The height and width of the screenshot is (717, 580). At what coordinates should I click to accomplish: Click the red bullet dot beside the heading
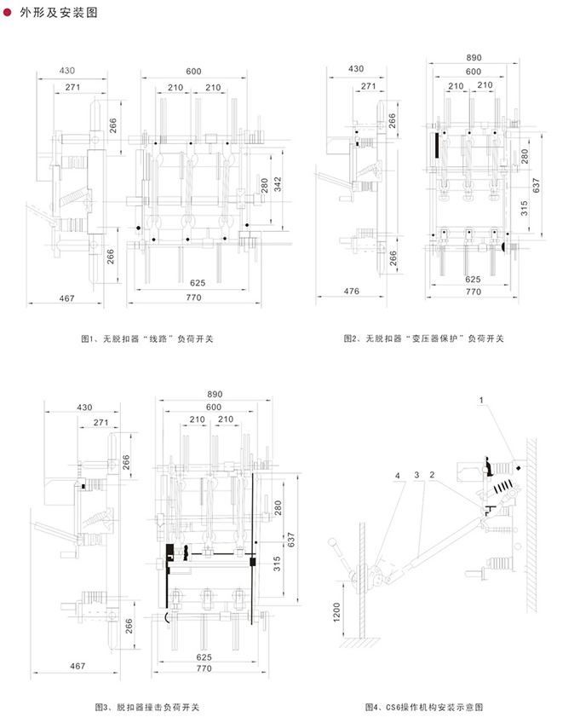(x=8, y=12)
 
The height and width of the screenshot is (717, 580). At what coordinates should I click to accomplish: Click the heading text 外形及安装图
(x=59, y=12)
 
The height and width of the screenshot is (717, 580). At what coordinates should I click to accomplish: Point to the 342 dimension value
(x=278, y=184)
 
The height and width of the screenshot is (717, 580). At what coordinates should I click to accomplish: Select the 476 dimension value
(x=351, y=291)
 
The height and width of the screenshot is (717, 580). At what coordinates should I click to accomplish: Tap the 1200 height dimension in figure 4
(x=336, y=612)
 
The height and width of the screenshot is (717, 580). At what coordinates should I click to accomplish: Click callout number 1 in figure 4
(x=481, y=400)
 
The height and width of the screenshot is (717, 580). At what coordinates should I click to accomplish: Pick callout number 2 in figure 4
(x=432, y=475)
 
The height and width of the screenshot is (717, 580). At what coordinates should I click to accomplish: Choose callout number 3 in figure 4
(x=416, y=475)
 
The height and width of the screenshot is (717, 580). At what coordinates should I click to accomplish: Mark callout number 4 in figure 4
(x=398, y=476)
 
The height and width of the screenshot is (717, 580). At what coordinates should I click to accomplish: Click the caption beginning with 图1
(x=147, y=338)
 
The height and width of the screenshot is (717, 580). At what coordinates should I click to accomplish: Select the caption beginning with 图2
(x=424, y=338)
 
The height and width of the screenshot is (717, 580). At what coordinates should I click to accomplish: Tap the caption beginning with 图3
(x=147, y=707)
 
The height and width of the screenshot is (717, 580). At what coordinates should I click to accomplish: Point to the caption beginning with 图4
(x=424, y=707)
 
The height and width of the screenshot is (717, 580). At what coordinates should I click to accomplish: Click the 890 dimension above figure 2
(x=474, y=58)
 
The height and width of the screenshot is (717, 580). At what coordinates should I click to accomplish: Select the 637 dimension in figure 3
(x=291, y=540)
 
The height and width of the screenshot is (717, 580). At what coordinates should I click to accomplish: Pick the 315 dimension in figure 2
(x=524, y=208)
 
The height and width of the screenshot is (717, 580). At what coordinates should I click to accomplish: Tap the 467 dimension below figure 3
(x=78, y=666)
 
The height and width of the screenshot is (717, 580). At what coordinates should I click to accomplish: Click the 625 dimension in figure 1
(x=198, y=282)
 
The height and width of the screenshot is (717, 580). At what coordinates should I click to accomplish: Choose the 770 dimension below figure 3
(x=204, y=668)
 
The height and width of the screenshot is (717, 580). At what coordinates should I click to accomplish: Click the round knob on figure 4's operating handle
(x=332, y=542)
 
